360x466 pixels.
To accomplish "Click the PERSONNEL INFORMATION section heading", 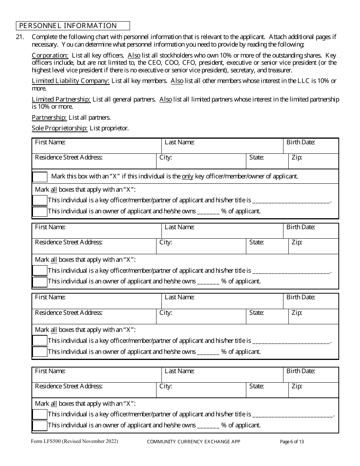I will coord(68,26).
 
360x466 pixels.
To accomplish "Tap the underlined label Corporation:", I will coord(50,55).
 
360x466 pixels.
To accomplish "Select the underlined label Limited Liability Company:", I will coord(71,81).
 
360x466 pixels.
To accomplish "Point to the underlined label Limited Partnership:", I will coord(61,99).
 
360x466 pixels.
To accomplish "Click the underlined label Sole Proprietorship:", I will coord(59,128).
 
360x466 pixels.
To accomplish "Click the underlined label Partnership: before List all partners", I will coord(49,117).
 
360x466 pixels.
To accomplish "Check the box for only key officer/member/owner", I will coord(40,177).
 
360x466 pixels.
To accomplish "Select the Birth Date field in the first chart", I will coord(311,146).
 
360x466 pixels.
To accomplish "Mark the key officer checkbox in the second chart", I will coord(40,271).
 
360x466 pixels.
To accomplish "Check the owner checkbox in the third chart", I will coord(40,352).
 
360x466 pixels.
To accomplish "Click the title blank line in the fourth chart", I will coord(293,414).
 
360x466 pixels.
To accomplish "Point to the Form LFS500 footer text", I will coord(75,441).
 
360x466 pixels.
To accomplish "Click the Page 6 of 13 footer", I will coord(292,442).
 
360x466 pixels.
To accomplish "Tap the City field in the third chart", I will coord(201,317).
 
